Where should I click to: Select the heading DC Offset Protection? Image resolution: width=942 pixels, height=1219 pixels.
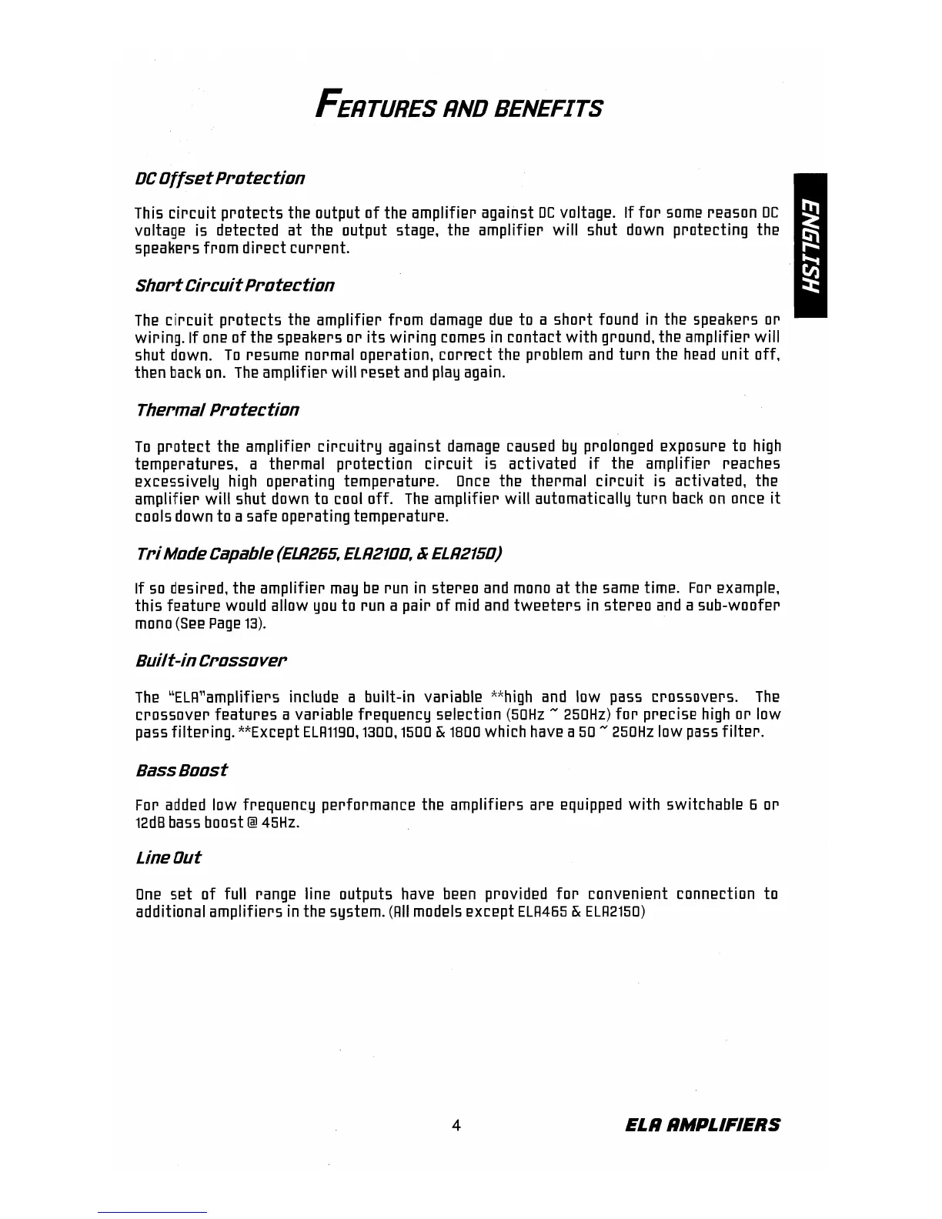click(220, 179)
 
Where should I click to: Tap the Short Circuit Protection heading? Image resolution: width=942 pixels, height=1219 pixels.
click(235, 286)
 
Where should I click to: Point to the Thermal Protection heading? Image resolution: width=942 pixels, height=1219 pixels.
click(217, 409)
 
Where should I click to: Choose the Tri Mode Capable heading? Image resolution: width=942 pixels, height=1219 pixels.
click(319, 553)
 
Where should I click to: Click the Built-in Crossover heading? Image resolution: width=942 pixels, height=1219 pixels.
click(212, 661)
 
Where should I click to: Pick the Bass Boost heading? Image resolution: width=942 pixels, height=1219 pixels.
click(181, 770)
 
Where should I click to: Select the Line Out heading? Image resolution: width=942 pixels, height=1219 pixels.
click(168, 858)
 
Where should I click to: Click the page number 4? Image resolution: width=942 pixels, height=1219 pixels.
click(456, 1125)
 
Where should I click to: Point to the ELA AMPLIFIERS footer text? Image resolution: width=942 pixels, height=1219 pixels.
click(701, 1125)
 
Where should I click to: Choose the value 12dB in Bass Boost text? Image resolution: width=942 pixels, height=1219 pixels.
click(150, 823)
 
